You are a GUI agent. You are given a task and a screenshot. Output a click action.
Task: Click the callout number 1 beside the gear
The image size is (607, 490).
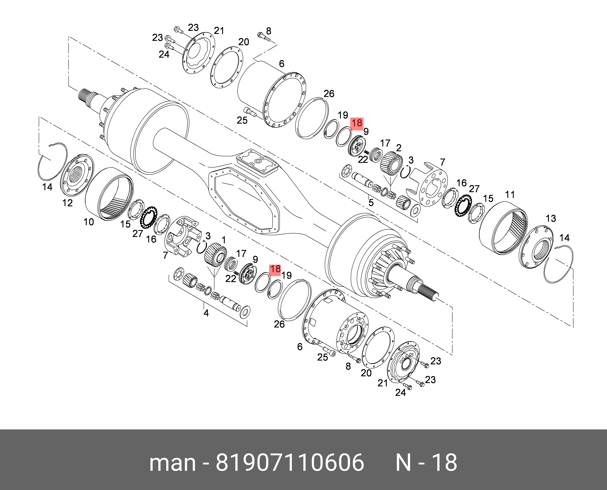[224, 240]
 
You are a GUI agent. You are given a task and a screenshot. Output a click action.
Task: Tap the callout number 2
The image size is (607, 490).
[399, 148]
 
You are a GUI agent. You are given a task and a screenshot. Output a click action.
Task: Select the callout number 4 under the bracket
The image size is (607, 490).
[206, 313]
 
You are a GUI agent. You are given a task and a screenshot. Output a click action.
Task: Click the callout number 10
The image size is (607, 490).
[89, 222]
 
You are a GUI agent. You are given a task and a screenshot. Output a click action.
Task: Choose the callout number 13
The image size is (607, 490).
[551, 218]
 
